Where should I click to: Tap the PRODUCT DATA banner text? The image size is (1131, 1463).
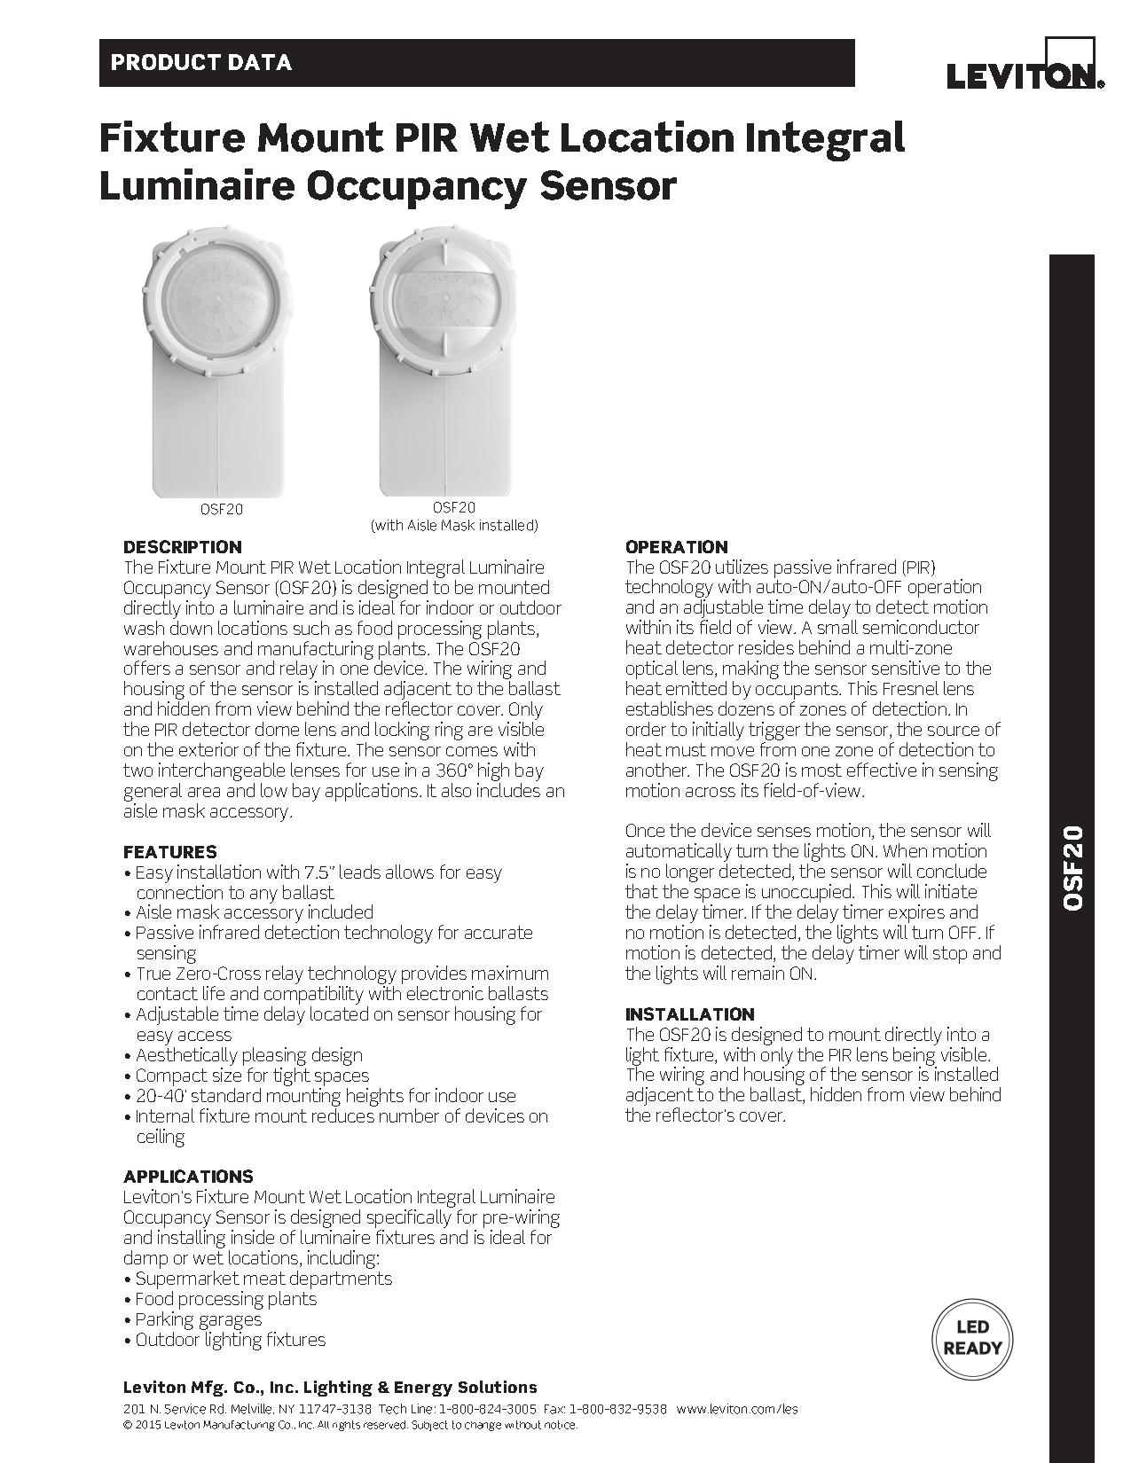coord(200,63)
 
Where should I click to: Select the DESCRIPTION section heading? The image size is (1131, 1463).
coord(182,547)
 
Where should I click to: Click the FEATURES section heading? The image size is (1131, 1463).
coord(169,852)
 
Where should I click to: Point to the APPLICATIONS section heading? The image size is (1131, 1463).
coord(188,1177)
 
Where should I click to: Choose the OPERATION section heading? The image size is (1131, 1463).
coord(676,547)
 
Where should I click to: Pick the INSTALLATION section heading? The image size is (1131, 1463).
coord(689,1014)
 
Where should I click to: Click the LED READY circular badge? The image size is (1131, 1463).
coord(972,1339)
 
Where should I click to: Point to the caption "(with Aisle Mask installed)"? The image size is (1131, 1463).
coord(453,526)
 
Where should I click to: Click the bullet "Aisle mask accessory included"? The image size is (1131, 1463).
coord(254,912)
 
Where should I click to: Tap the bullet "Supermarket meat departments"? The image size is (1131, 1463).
coord(263,1279)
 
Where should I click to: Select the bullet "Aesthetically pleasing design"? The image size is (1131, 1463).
coord(248,1055)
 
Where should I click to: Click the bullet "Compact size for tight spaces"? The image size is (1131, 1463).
coord(252,1076)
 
